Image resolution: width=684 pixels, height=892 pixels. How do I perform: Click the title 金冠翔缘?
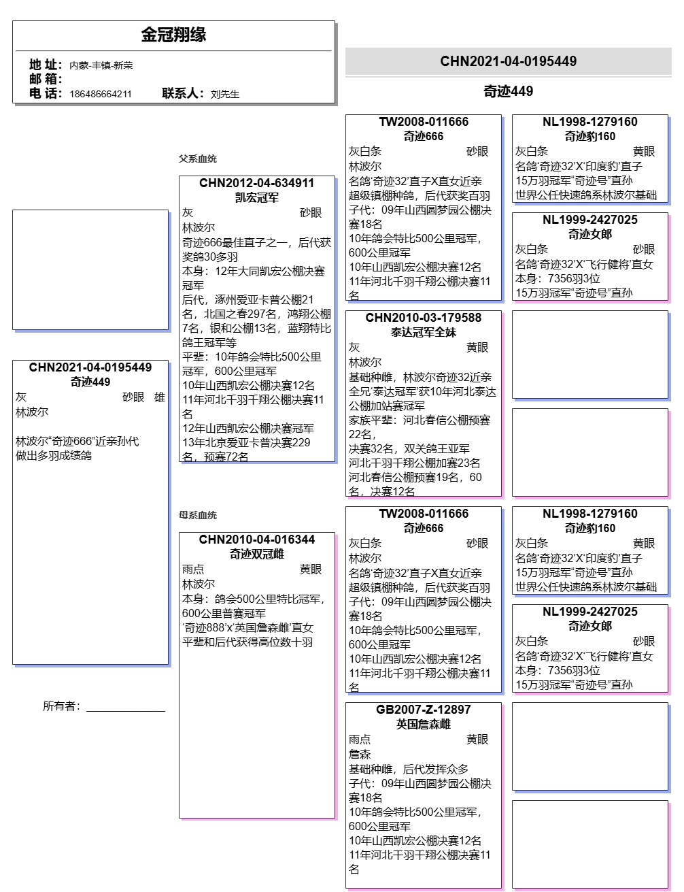tap(173, 35)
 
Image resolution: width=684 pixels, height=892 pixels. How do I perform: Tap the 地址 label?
tap(45, 65)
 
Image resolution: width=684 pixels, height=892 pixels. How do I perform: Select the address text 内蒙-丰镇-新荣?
tap(101, 65)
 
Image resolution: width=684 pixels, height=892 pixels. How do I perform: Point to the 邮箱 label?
tap(45, 79)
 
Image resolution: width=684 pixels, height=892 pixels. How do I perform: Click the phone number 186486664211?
tap(101, 94)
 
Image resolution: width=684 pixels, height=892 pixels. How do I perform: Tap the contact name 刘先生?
tap(225, 94)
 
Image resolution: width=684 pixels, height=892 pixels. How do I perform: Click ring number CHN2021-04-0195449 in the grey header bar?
tap(508, 61)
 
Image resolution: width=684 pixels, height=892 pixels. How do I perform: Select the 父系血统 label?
tap(198, 159)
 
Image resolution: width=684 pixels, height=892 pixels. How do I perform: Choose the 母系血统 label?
tap(198, 515)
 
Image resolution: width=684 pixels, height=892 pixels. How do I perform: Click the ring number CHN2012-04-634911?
tap(256, 183)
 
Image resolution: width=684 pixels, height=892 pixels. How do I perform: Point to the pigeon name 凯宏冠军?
tap(256, 197)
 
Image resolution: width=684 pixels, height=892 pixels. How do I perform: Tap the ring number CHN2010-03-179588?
tap(423, 318)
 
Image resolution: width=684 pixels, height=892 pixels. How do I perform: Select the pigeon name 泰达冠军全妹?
tap(423, 332)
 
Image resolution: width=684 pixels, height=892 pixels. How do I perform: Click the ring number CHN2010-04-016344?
tap(256, 540)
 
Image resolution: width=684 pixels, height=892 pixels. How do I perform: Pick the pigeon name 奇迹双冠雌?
tap(256, 554)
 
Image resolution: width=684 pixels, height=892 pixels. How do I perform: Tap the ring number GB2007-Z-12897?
tap(423, 710)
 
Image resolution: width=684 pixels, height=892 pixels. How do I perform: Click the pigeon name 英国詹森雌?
tap(423, 724)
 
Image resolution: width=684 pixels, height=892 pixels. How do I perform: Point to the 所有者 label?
tap(62, 706)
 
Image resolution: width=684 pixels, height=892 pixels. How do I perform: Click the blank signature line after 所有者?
tap(126, 709)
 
